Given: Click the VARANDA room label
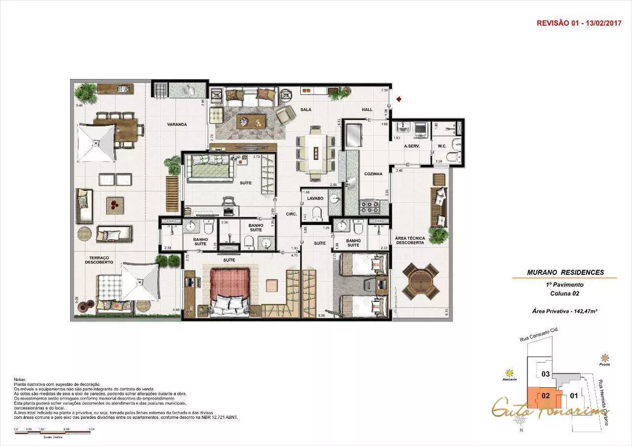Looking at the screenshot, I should point(177,125).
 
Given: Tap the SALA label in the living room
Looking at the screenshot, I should point(306,109).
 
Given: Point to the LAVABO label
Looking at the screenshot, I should point(316,198).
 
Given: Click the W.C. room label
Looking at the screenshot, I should point(442,147).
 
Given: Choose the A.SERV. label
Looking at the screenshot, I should point(413,147).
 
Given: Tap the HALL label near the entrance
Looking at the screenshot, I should point(367,109).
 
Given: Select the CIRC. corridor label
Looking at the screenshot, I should point(291,213).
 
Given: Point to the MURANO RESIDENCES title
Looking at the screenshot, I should point(566,272).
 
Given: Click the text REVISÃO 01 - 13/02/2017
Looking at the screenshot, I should point(576,22).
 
